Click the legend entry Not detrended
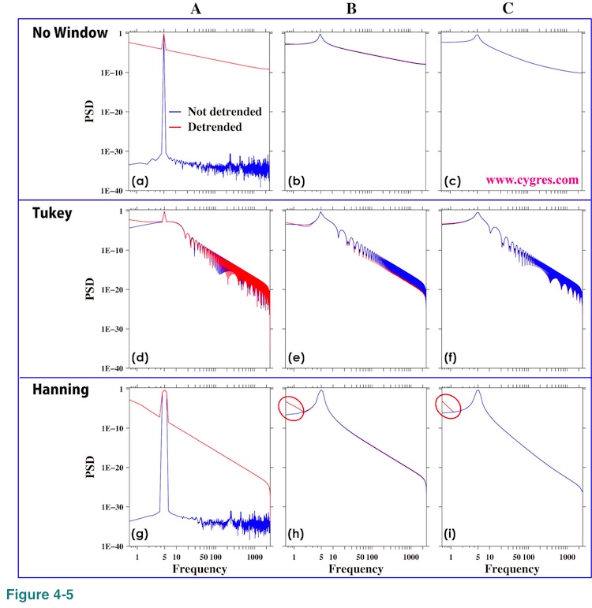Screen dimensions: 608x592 225,112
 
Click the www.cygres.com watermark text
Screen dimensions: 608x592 532,180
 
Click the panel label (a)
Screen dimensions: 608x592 141,181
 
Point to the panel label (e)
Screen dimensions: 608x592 298,359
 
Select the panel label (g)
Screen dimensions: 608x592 141,536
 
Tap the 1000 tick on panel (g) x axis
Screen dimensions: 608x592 255,557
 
